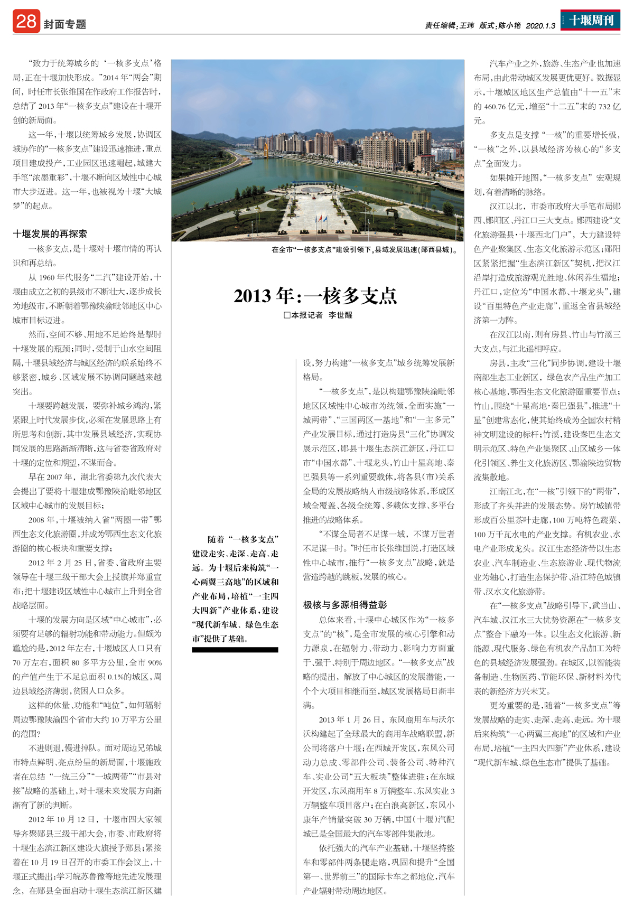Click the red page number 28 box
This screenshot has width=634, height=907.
(x=26, y=22)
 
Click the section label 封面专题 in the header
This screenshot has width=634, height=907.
(x=65, y=24)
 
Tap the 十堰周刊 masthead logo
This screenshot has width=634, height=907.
(x=590, y=21)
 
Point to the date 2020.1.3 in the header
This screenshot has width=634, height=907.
(x=540, y=25)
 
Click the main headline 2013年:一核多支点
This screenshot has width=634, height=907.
(x=315, y=296)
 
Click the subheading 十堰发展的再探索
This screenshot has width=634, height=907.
(x=50, y=233)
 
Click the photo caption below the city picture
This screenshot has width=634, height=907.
(x=364, y=249)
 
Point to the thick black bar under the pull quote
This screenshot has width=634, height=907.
(x=235, y=650)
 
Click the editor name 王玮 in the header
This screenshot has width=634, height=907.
(x=467, y=25)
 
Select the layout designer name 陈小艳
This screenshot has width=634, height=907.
(x=509, y=25)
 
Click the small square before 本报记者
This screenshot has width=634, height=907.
(x=287, y=315)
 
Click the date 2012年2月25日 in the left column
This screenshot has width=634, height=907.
(x=61, y=563)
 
